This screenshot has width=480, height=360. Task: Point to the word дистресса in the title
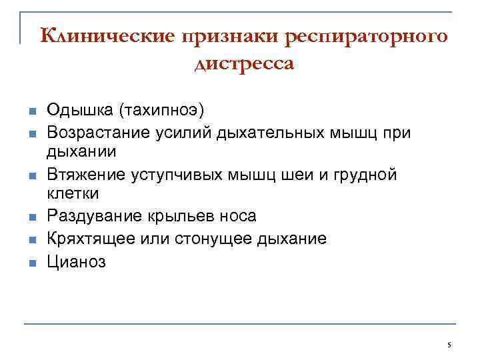tap(244, 65)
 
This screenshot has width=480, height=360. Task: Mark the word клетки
tap(73, 193)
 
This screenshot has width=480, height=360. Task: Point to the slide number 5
tap(449, 345)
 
